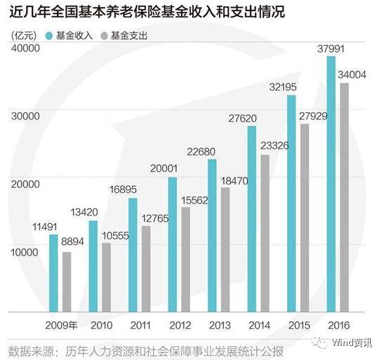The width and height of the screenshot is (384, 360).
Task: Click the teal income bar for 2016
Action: coord(331,184)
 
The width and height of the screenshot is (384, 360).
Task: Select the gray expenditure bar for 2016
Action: coord(344,197)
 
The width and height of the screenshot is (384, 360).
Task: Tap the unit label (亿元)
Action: coord(25,34)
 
